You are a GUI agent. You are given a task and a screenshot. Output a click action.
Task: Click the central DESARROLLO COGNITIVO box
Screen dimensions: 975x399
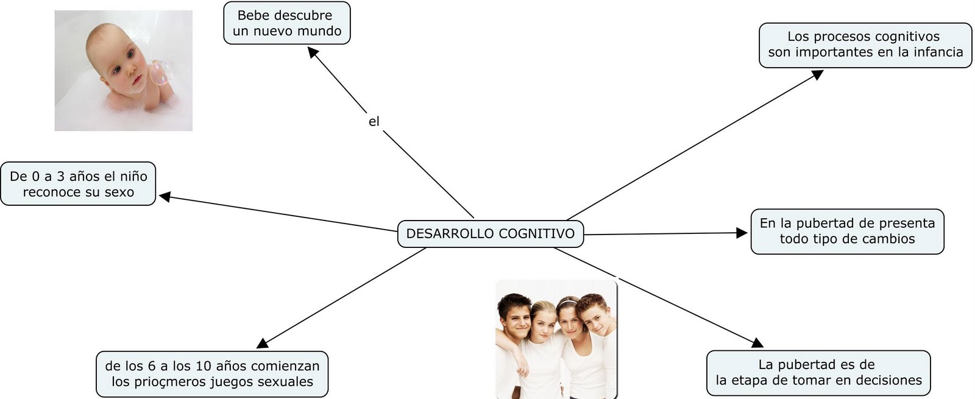point(490,234)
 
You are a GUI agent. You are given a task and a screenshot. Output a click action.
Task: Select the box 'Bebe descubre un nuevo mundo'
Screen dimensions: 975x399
point(286,23)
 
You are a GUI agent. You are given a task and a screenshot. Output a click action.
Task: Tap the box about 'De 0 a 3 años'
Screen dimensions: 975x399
point(78,184)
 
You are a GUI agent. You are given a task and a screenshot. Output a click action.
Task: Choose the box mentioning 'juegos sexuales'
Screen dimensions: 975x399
point(212,374)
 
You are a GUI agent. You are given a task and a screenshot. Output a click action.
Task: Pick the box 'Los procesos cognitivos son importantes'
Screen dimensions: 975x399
point(865,44)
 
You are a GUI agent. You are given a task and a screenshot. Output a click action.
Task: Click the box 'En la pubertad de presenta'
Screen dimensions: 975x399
point(847,231)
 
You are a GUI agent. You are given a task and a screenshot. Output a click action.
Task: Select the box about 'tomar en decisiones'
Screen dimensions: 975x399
point(818,373)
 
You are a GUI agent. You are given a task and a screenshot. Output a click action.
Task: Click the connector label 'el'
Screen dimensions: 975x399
point(374,122)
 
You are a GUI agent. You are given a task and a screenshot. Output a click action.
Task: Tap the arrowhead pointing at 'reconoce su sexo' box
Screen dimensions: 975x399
point(165,196)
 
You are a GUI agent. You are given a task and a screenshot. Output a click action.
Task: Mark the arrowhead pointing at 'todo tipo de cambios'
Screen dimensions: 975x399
point(742,233)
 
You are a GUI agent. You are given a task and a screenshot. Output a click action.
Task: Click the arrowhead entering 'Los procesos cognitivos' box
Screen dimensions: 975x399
point(818,74)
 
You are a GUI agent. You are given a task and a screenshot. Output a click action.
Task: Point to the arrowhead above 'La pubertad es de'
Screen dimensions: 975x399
point(757,342)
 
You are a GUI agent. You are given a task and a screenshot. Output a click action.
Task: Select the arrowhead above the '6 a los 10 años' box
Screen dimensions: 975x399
point(263,344)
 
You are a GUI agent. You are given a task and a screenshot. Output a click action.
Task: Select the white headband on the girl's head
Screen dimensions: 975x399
point(567,301)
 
